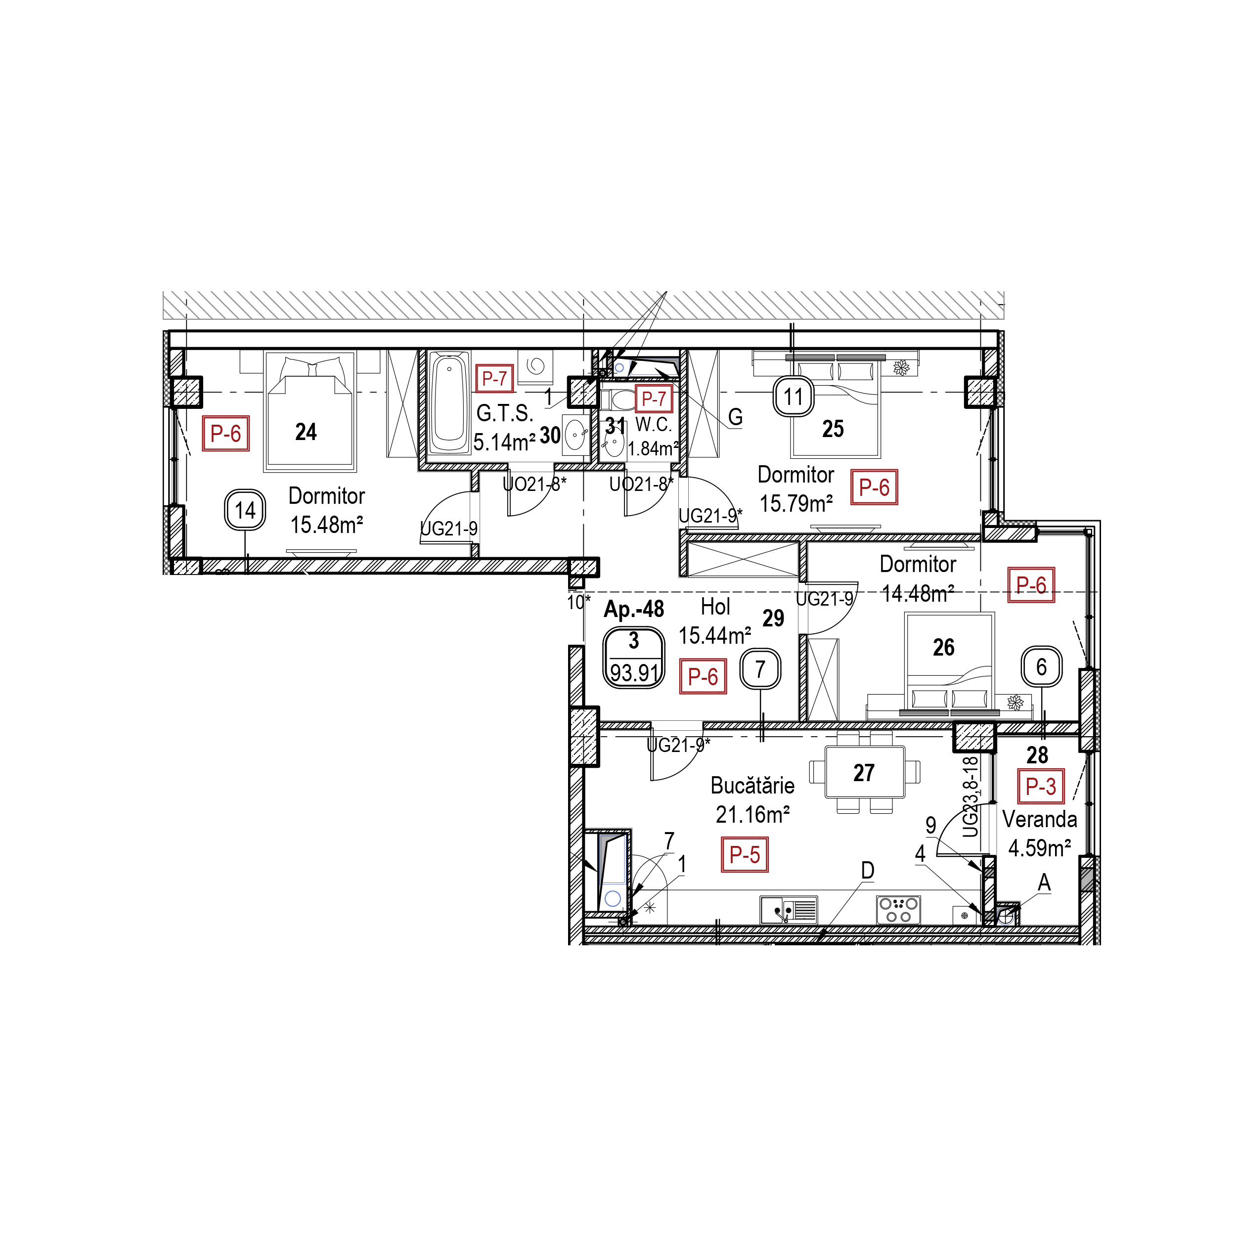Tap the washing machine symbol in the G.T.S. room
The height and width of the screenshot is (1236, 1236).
pyautogui.click(x=535, y=366)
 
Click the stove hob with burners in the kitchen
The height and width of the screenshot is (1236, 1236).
pyautogui.click(x=899, y=910)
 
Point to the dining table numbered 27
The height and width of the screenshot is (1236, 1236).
pyautogui.click(x=865, y=772)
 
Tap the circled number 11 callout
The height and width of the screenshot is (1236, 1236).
pyautogui.click(x=794, y=397)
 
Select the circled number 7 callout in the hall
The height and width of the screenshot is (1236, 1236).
pyautogui.click(x=760, y=669)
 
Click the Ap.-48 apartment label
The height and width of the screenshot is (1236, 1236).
pyautogui.click(x=634, y=609)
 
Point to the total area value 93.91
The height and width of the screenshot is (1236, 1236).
pyautogui.click(x=634, y=672)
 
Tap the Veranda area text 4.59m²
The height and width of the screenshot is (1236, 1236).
pyautogui.click(x=1040, y=848)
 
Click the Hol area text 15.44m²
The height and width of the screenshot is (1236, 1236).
pyautogui.click(x=714, y=635)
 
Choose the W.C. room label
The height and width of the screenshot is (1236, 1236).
pyautogui.click(x=654, y=425)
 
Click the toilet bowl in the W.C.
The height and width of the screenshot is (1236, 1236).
pyautogui.click(x=620, y=400)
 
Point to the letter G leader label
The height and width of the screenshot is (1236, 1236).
pyautogui.click(x=735, y=417)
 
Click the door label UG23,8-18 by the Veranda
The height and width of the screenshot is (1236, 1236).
pyautogui.click(x=971, y=797)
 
